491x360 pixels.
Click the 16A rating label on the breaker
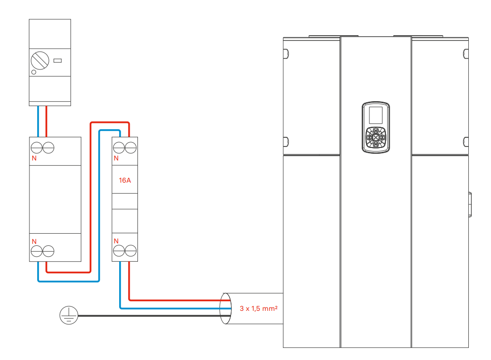tap(124, 180)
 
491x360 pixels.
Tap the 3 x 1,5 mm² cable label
tap(259, 308)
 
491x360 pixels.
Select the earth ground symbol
tap(68, 315)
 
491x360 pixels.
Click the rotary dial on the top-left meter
tap(40, 61)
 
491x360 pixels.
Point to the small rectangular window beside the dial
tap(57, 61)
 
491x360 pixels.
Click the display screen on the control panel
tap(376, 115)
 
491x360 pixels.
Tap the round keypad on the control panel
tap(376, 137)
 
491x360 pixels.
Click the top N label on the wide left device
tap(34, 158)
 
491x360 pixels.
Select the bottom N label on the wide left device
tap(34, 241)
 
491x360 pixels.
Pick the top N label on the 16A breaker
tap(116, 158)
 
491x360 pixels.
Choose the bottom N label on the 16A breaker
tap(116, 241)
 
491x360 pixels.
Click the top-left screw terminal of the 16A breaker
tap(119, 147)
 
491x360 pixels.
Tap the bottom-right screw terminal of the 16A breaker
tap(131, 251)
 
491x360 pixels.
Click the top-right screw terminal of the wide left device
tap(48, 147)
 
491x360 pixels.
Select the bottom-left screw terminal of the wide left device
tap(37, 251)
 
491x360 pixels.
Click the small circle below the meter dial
tap(34, 72)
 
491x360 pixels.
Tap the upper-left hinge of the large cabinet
tap(286, 54)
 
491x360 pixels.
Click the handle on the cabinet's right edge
tap(470, 204)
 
